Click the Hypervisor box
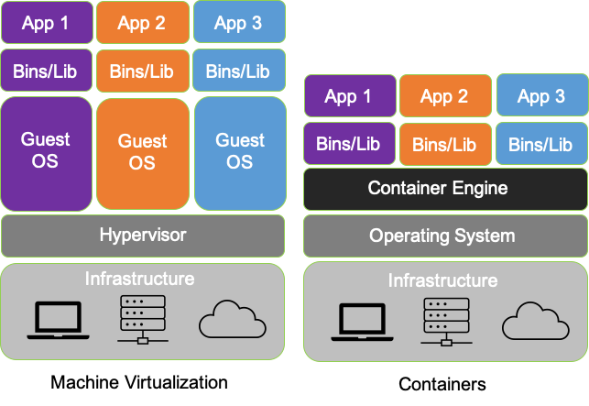(x=142, y=236)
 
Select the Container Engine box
(x=444, y=189)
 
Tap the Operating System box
(x=444, y=236)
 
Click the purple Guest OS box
(x=46, y=151)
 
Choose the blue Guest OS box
(x=240, y=151)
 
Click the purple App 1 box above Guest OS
(x=46, y=23)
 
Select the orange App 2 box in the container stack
(x=444, y=96)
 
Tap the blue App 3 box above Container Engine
(x=540, y=96)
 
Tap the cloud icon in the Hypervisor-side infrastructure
(x=232, y=322)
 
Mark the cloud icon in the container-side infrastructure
(x=535, y=323)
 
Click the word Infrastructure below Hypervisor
(x=139, y=279)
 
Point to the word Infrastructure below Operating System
(x=442, y=280)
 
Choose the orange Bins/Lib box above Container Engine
(x=444, y=144)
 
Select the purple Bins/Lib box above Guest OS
(x=46, y=71)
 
